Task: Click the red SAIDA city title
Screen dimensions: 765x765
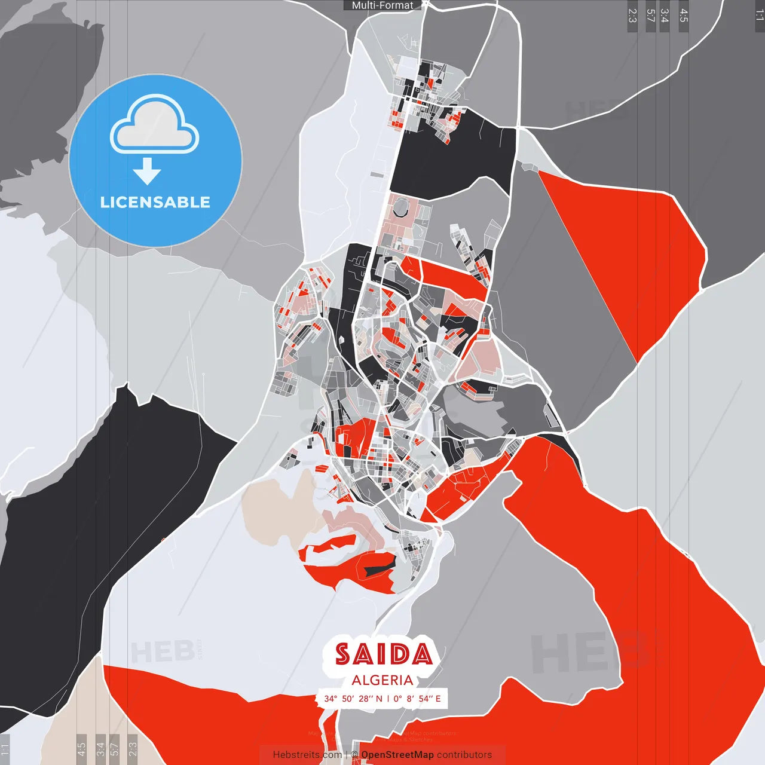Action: tap(383, 654)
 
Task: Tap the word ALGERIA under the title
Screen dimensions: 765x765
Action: tap(382, 680)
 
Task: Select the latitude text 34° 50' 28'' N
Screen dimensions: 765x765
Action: tap(353, 699)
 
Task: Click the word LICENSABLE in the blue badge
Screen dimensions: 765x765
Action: tap(155, 202)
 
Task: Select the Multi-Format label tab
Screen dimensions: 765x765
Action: tap(382, 5)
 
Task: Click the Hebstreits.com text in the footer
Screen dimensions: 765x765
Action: tap(307, 755)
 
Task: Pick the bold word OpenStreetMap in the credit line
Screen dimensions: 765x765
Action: tap(397, 755)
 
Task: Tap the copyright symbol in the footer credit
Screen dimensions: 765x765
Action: tap(354, 755)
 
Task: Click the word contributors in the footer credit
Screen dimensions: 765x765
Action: tap(464, 755)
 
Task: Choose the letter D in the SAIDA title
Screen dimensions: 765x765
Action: tap(399, 654)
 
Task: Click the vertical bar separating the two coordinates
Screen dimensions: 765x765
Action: tap(388, 699)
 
